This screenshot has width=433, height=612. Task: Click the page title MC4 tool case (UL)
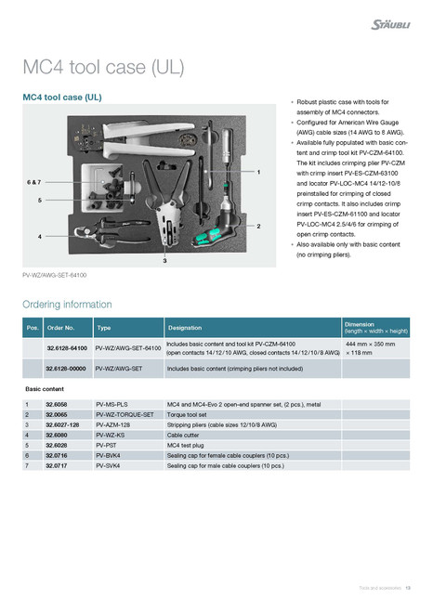pos(103,67)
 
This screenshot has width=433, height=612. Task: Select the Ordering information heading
pos(67,304)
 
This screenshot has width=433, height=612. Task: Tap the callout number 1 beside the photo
pos(258,173)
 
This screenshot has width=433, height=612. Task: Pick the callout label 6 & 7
pos(34,184)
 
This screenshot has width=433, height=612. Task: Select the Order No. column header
pos(61,327)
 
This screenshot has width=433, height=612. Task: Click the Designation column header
pos(184,327)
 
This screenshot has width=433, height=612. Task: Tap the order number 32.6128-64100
pos(67,348)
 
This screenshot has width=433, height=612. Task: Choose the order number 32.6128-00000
pos(67,369)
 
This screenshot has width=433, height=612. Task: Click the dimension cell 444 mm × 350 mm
pos(371,344)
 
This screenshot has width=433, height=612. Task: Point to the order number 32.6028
pos(57,445)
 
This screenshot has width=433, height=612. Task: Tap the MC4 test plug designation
pos(190,445)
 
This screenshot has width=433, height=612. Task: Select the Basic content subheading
pos(46,388)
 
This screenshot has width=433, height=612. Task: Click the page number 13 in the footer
pos(408,588)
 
